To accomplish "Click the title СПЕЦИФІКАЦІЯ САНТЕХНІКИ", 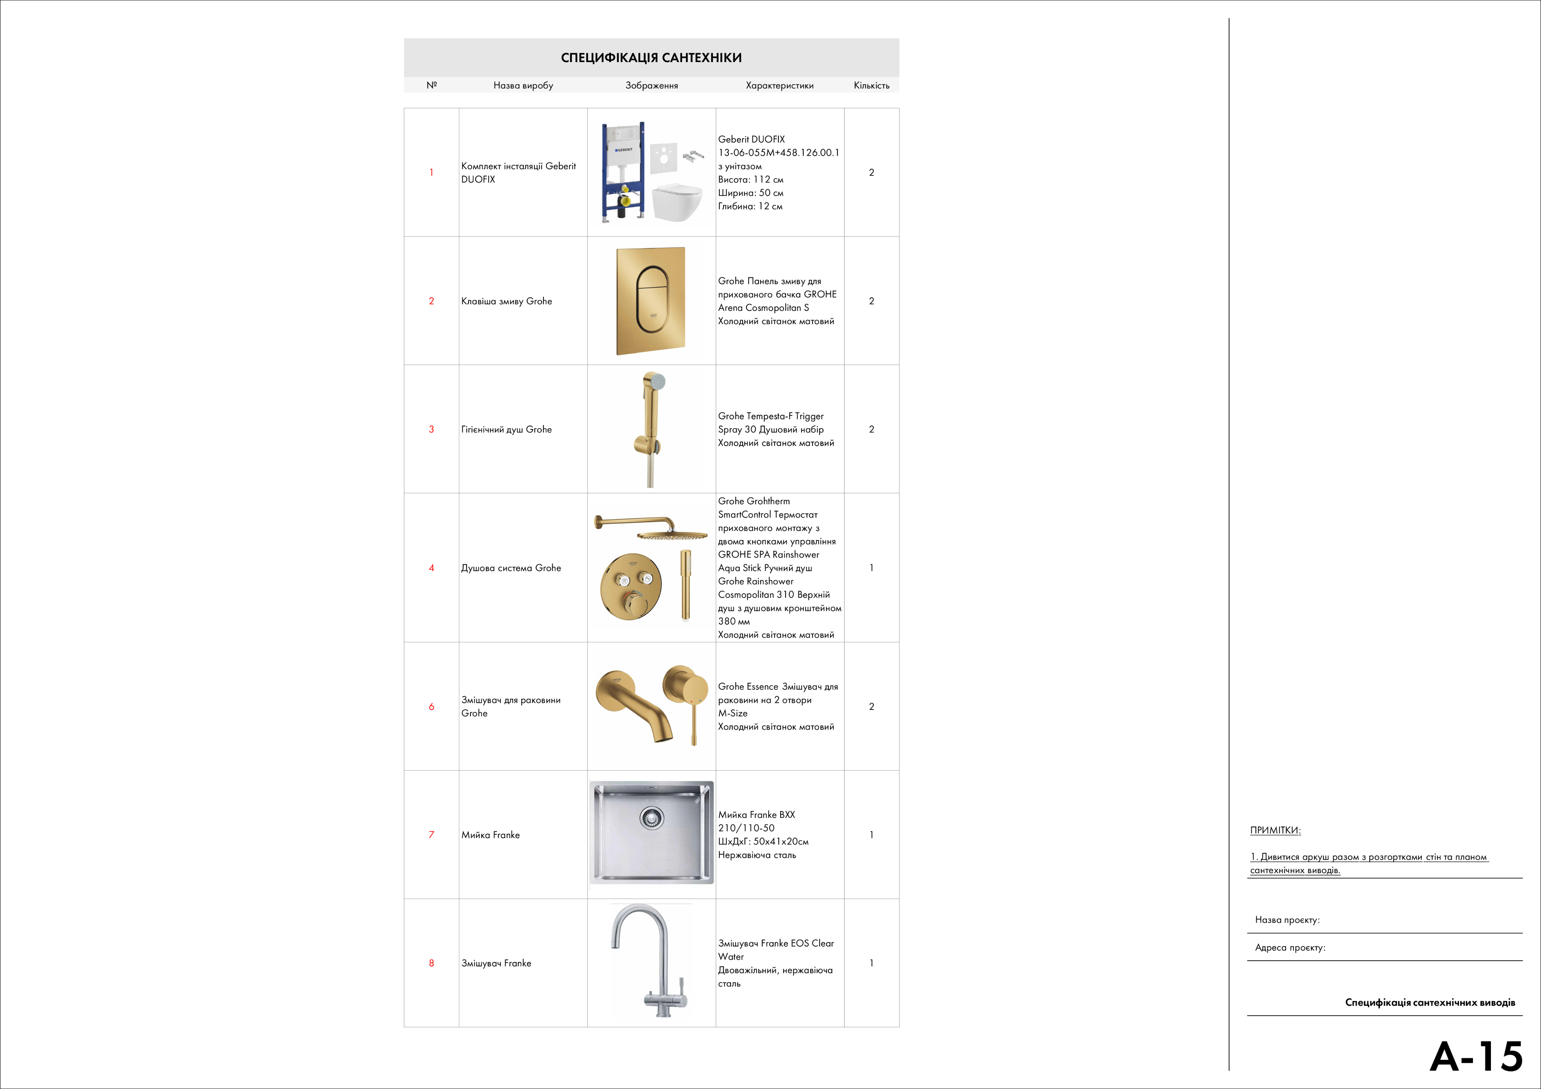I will (651, 58).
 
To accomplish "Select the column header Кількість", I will (871, 85).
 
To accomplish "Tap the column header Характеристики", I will (779, 85).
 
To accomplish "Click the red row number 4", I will (432, 568).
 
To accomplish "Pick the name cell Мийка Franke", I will (491, 835).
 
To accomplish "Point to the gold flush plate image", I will (650, 300).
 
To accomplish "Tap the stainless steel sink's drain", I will (651, 817).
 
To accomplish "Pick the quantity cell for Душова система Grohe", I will (871, 568).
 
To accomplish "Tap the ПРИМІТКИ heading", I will (1275, 830).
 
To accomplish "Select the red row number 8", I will (432, 963).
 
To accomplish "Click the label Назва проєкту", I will (1287, 920).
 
